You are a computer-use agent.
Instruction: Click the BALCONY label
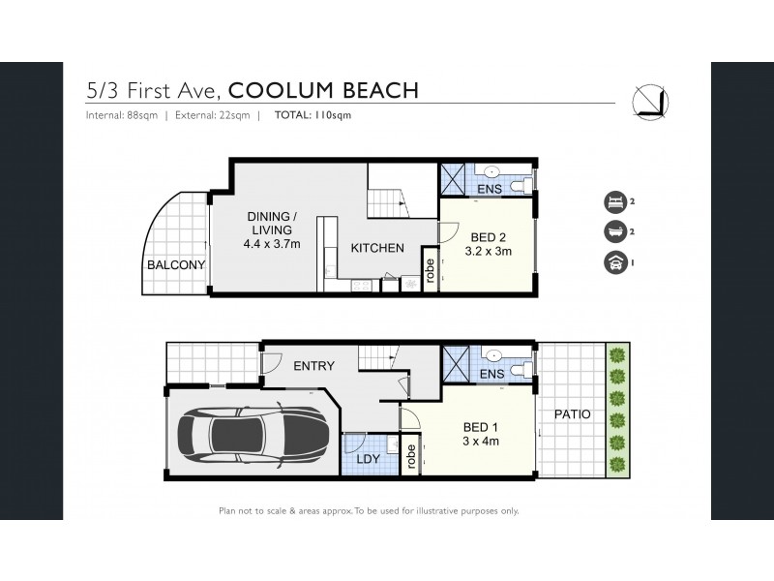[176, 264]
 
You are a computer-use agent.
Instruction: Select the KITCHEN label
[377, 248]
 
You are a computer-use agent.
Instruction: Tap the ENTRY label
[313, 366]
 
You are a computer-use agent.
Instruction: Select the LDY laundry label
[368, 457]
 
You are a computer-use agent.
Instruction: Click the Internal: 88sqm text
[120, 115]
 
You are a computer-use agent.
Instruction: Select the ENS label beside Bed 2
[489, 189]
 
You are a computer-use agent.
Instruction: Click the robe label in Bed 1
[412, 455]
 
